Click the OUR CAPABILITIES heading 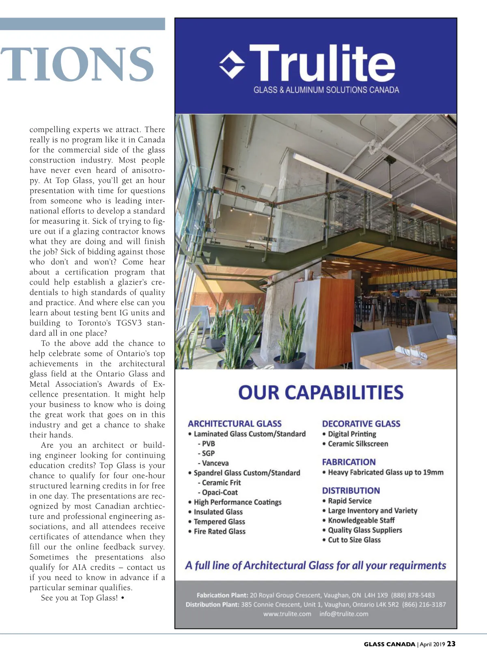coord(321,393)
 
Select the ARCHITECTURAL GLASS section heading coord(235,423)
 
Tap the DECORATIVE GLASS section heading coord(361,423)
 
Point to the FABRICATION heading coord(349,462)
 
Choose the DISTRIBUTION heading coord(351,490)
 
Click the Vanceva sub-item coord(215,463)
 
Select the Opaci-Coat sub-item coord(220,492)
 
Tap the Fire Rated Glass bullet coord(219,531)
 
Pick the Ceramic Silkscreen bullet coord(358,444)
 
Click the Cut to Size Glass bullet coord(354,540)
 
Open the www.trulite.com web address coord(287,614)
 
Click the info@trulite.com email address coord(344,614)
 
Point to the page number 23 coord(451,644)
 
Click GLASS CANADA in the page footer coord(389,644)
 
